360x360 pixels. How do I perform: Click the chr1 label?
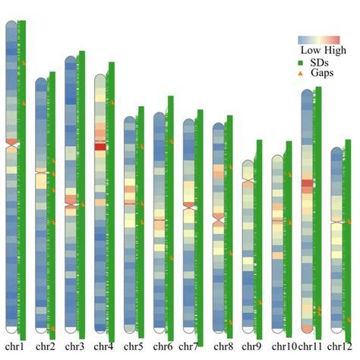(15, 346)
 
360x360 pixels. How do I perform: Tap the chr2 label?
(45, 346)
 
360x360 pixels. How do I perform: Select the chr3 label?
(74, 346)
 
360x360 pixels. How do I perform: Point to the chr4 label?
(104, 346)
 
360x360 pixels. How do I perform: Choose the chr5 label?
(133, 346)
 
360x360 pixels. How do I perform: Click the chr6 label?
(162, 346)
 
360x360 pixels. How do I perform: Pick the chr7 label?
(191, 346)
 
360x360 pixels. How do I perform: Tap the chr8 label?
(223, 346)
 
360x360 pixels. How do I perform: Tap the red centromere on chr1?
(11, 142)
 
